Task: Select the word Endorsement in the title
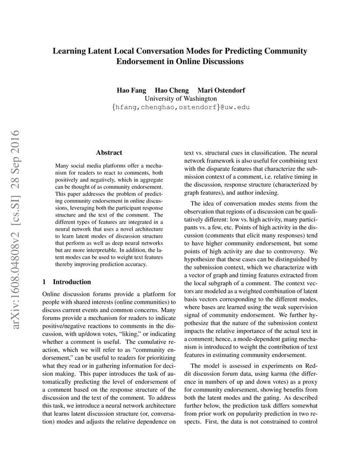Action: coord(143,61)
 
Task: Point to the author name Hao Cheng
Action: coord(172,90)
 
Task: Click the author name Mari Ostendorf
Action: coord(221,90)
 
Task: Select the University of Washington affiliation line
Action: coord(180,99)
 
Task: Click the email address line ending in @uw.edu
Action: coord(180,107)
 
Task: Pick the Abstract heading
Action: coord(109,153)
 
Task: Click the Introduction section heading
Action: coord(72,282)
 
